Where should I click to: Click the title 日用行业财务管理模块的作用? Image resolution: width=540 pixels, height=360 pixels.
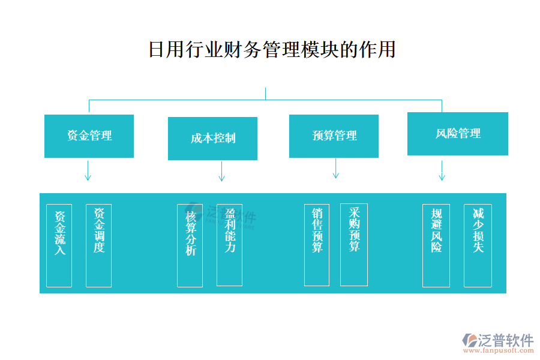point(272,49)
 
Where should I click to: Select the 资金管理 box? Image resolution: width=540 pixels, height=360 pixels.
point(89,136)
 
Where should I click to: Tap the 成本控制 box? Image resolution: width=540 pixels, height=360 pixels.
point(212,139)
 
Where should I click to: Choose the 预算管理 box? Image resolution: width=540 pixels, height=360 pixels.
point(334,136)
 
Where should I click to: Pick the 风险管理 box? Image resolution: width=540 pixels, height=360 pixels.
point(457,134)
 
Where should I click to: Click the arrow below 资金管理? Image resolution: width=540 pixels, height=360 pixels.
point(88,170)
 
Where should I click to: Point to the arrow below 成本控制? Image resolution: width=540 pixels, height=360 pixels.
point(221,171)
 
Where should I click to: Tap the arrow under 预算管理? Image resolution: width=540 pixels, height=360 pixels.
point(335,169)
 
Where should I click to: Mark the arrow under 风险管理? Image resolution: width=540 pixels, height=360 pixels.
point(442,170)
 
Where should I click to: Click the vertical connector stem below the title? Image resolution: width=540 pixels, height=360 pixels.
point(265,94)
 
